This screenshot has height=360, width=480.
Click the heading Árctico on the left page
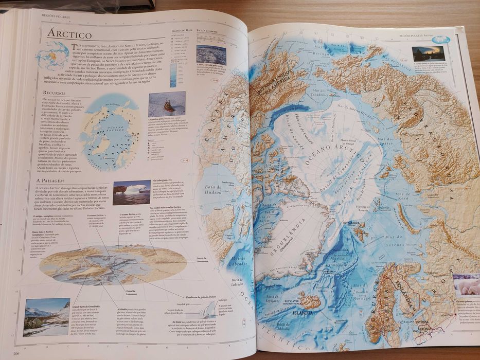69,35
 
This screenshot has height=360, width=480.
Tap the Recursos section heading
57,93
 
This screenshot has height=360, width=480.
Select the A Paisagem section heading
54,181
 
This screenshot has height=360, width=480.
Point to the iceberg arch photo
132,192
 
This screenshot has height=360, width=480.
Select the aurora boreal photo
428,53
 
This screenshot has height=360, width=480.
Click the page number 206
16,353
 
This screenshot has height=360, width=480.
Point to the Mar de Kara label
403,196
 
